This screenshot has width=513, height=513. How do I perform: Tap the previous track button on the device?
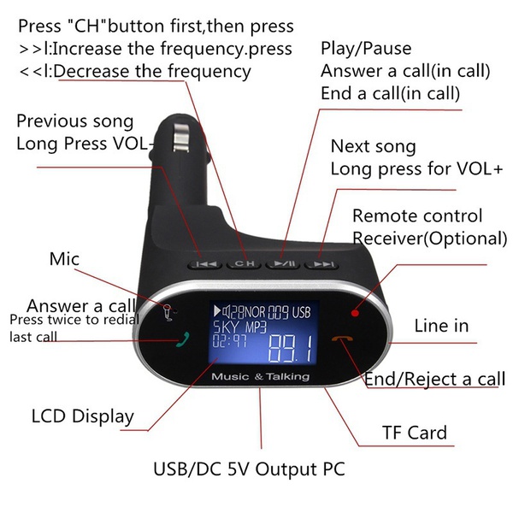pos(205,263)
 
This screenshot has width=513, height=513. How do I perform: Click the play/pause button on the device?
pos(283,263)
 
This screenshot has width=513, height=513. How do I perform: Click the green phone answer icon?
pos(183,339)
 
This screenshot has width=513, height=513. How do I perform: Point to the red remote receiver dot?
pos(355,313)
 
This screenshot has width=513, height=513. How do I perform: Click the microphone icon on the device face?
pos(168,312)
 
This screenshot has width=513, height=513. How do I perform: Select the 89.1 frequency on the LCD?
pos(291,349)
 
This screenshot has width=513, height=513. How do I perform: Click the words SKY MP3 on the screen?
pos(240,327)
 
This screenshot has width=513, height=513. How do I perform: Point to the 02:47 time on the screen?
pos(230,341)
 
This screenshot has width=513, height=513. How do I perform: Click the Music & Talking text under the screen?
pos(261,376)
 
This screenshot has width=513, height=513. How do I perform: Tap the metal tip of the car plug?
pos(180,137)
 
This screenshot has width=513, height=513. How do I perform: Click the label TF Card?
pos(415,433)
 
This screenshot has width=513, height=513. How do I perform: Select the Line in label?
pos(441,326)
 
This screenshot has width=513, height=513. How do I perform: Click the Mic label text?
pos(64,259)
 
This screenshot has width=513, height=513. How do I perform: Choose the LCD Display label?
pos(83,417)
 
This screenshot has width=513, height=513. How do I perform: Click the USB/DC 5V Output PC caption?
pos(249,469)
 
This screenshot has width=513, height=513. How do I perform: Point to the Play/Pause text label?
pos(366,49)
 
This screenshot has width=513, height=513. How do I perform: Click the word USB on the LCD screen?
pos(301,312)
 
